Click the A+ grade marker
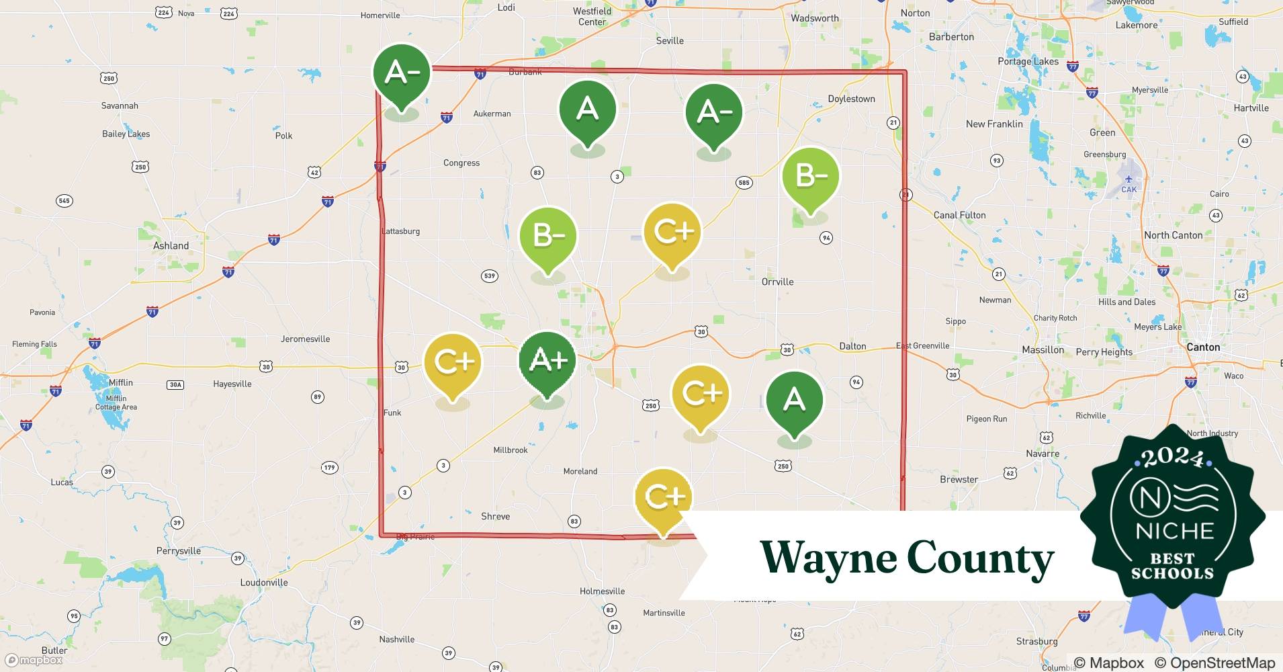547,361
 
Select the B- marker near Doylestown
811,176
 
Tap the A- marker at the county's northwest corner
402,73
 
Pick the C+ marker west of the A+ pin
453,362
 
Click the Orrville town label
777,282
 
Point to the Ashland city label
171,246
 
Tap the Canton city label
1203,347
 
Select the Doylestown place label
851,99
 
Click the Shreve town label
495,516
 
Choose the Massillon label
1043,350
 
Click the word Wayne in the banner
828,558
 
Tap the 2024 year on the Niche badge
1173,457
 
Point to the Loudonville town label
264,583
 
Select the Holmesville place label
602,591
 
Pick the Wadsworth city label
814,18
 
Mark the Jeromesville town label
305,339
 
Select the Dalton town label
852,346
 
